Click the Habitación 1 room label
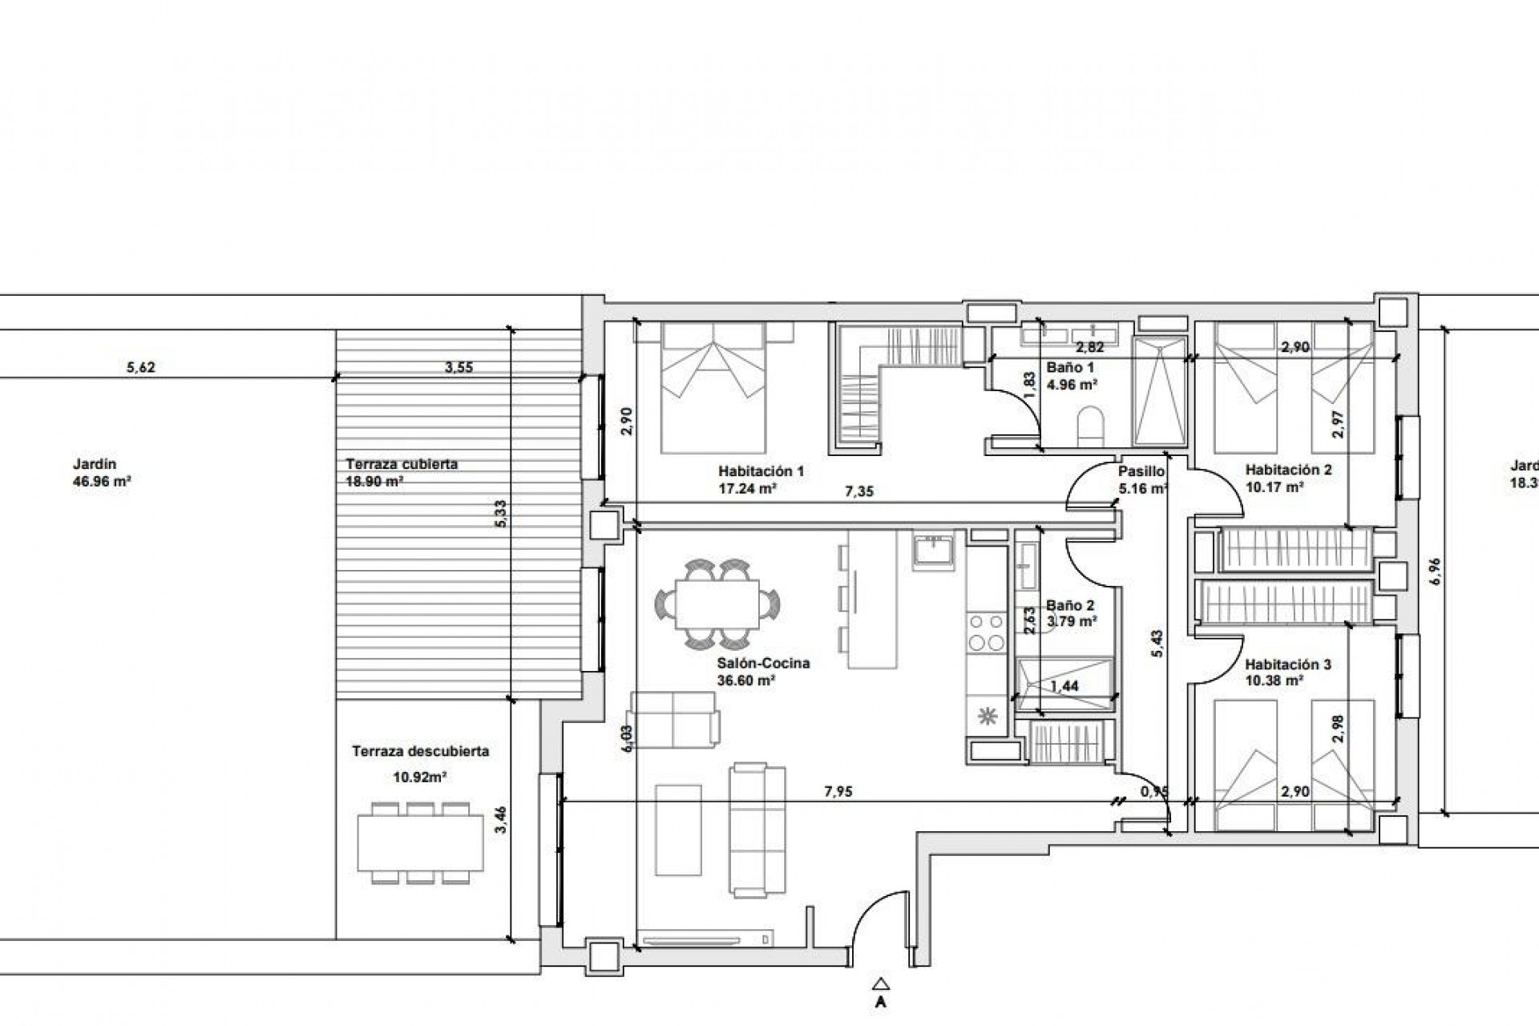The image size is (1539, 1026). click(x=761, y=471)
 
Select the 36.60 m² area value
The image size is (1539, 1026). click(x=745, y=681)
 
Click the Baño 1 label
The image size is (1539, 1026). click(x=1070, y=367)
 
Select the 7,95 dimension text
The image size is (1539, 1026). click(x=838, y=791)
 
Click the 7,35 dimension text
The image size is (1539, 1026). click(x=859, y=491)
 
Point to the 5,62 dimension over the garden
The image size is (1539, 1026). click(x=141, y=368)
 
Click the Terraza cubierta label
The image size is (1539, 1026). click(x=402, y=464)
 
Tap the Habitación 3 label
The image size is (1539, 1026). click(x=1288, y=664)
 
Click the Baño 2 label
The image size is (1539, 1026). click(x=1070, y=606)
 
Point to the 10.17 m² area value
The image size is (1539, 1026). click(x=1274, y=486)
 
